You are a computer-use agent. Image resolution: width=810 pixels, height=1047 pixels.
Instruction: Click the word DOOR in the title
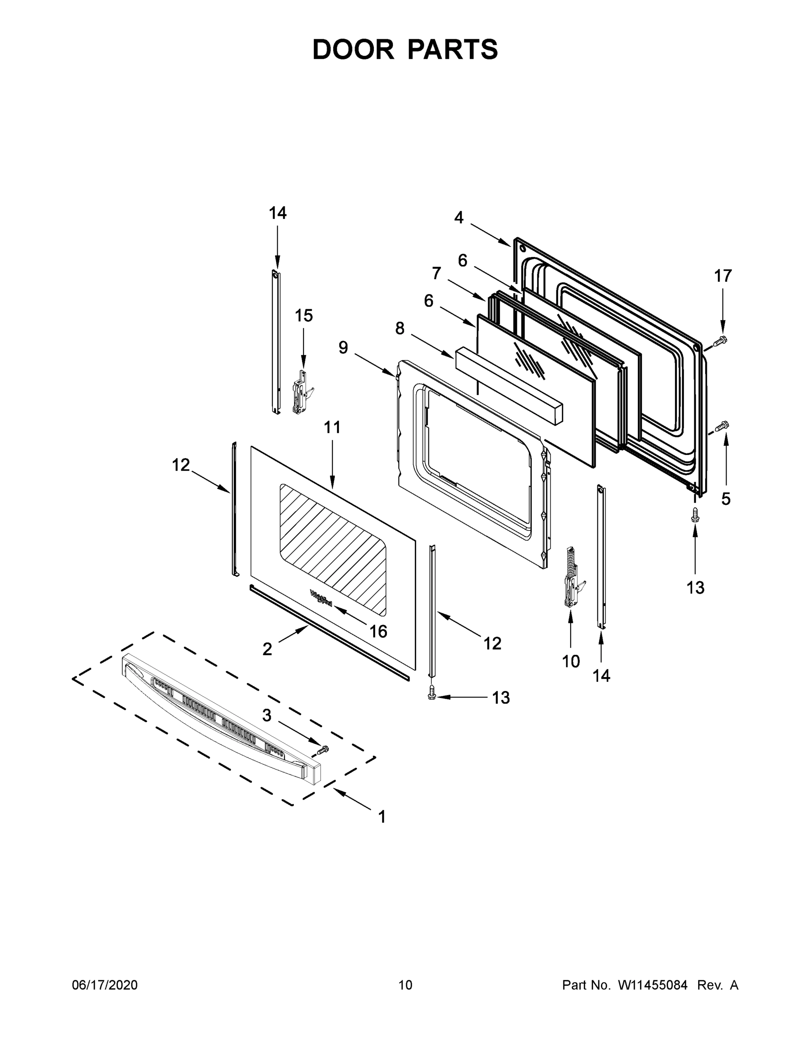click(x=353, y=50)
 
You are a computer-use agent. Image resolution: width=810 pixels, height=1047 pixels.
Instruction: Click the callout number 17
click(x=723, y=276)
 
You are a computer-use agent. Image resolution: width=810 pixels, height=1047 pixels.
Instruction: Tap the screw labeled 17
click(x=720, y=341)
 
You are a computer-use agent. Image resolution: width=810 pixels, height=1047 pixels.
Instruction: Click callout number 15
click(x=303, y=316)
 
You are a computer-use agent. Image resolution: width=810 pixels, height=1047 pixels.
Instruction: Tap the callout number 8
click(x=400, y=329)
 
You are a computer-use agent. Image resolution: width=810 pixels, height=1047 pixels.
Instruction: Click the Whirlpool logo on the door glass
click(x=321, y=598)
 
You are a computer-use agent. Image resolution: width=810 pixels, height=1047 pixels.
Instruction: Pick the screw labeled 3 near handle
click(x=324, y=749)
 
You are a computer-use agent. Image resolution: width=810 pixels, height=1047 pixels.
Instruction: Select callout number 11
click(x=332, y=427)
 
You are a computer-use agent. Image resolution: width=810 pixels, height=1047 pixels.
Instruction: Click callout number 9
click(x=343, y=348)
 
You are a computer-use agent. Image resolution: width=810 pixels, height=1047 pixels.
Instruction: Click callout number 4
click(x=459, y=218)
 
